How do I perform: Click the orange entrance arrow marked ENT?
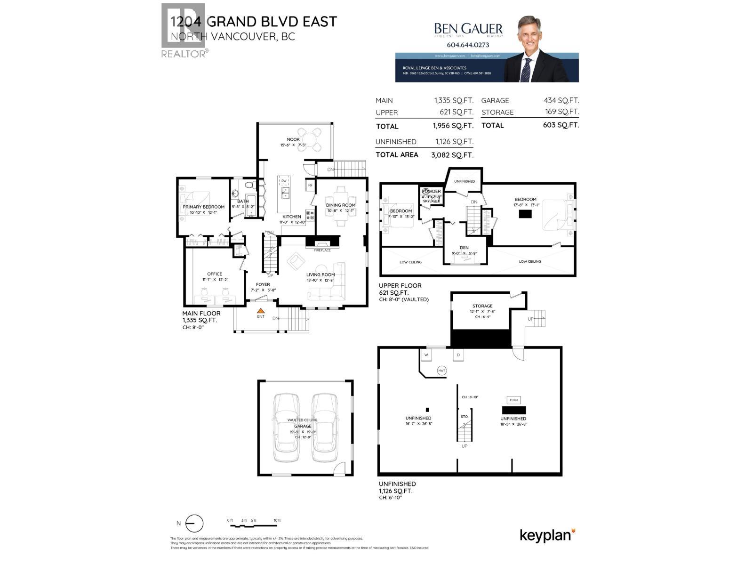(x=260, y=311)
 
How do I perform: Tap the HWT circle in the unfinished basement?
(x=441, y=371)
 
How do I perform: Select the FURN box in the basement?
(x=513, y=400)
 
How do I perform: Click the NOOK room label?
(x=293, y=139)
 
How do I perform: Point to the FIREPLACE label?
(x=322, y=250)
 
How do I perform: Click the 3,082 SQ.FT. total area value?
(x=452, y=155)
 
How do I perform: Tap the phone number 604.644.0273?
(x=467, y=45)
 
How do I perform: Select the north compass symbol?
(x=194, y=524)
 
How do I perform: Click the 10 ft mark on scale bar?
(x=277, y=520)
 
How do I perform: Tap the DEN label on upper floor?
(x=464, y=248)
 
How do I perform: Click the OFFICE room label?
(x=215, y=274)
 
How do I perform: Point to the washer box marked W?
(x=426, y=355)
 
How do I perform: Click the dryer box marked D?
(x=458, y=355)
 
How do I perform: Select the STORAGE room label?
(x=482, y=306)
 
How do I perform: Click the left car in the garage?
(x=286, y=427)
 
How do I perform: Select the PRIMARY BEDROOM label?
(x=203, y=207)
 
